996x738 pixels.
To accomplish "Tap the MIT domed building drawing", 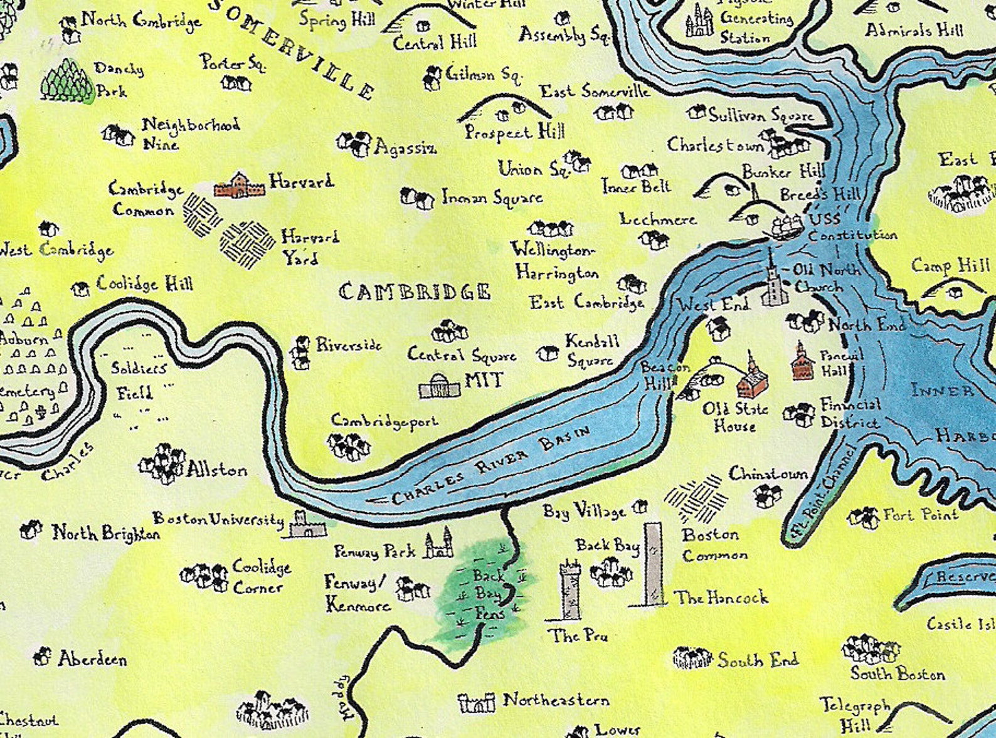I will point(440,387).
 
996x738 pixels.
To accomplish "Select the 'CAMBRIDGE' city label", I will point(415,292).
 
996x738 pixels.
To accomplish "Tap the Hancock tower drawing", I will point(653,564).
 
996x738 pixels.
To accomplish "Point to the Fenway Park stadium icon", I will point(438,544).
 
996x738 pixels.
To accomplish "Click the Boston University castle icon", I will point(306,525).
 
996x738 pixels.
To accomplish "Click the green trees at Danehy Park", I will point(66,80).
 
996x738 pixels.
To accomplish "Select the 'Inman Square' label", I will point(492,198).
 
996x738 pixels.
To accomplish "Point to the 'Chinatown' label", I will point(768,474).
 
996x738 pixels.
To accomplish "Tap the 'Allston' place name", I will point(217,470).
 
